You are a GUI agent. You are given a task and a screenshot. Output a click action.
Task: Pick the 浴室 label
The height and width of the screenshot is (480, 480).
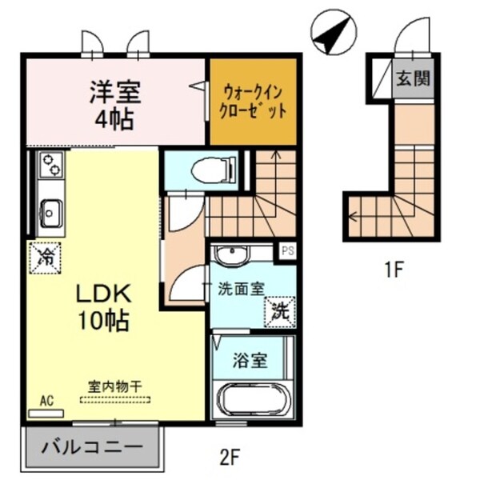click(x=250, y=359)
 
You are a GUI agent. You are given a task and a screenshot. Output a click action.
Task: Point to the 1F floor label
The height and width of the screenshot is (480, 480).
click(x=391, y=270)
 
